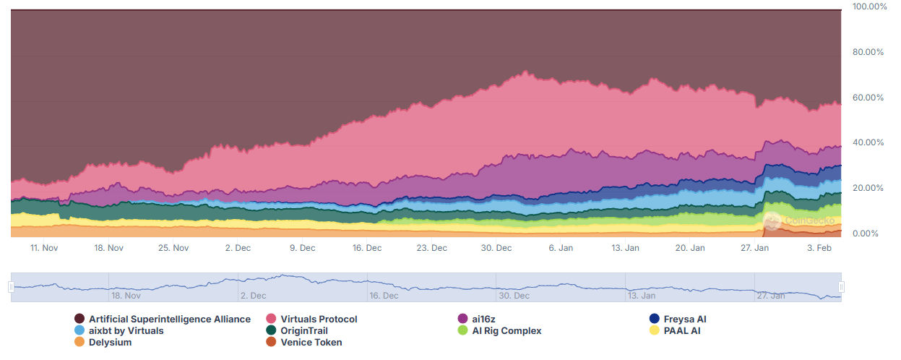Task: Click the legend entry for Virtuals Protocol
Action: (x=319, y=319)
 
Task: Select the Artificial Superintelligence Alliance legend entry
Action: (x=170, y=319)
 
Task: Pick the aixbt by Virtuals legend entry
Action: (x=126, y=330)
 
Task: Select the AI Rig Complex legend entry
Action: (x=506, y=330)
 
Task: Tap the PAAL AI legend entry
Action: (x=684, y=330)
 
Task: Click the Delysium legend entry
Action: (x=110, y=342)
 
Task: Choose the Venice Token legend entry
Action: (x=311, y=342)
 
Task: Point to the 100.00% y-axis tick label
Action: (x=869, y=7)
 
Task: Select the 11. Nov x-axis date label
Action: (x=44, y=248)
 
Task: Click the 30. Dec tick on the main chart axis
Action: (x=496, y=248)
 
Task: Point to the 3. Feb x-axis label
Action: (x=819, y=248)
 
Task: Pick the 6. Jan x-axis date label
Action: (x=561, y=248)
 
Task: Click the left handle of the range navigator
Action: (x=11, y=287)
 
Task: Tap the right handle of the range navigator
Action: (x=842, y=287)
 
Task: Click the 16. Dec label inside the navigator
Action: (x=384, y=296)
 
